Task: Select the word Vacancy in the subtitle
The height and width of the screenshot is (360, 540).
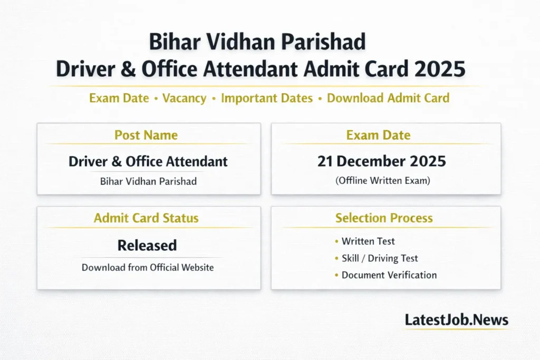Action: tap(184, 98)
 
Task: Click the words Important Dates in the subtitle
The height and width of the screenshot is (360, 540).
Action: tap(267, 98)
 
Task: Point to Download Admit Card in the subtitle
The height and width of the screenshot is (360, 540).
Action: tap(388, 98)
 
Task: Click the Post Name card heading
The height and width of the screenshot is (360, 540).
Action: tap(146, 135)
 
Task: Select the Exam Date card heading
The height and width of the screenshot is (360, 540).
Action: tap(378, 135)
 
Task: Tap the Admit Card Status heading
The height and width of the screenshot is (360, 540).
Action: tap(146, 218)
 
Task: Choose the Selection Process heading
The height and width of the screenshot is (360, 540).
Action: tap(384, 218)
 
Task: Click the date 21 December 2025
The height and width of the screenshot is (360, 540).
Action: tap(382, 161)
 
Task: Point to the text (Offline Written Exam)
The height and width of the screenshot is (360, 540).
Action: tap(383, 180)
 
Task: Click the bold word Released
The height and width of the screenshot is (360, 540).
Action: tap(147, 245)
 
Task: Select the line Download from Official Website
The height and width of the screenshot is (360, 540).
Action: tap(148, 267)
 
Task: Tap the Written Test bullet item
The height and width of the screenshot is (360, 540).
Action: tap(368, 241)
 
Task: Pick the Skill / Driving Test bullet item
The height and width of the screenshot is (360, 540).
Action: tap(380, 258)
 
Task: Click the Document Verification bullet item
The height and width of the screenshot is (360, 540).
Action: tap(389, 275)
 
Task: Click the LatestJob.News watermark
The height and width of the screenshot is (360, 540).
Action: tap(456, 320)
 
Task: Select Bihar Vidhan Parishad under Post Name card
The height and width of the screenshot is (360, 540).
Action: tap(148, 181)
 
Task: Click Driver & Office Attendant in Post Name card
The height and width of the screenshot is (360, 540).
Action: tap(148, 161)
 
